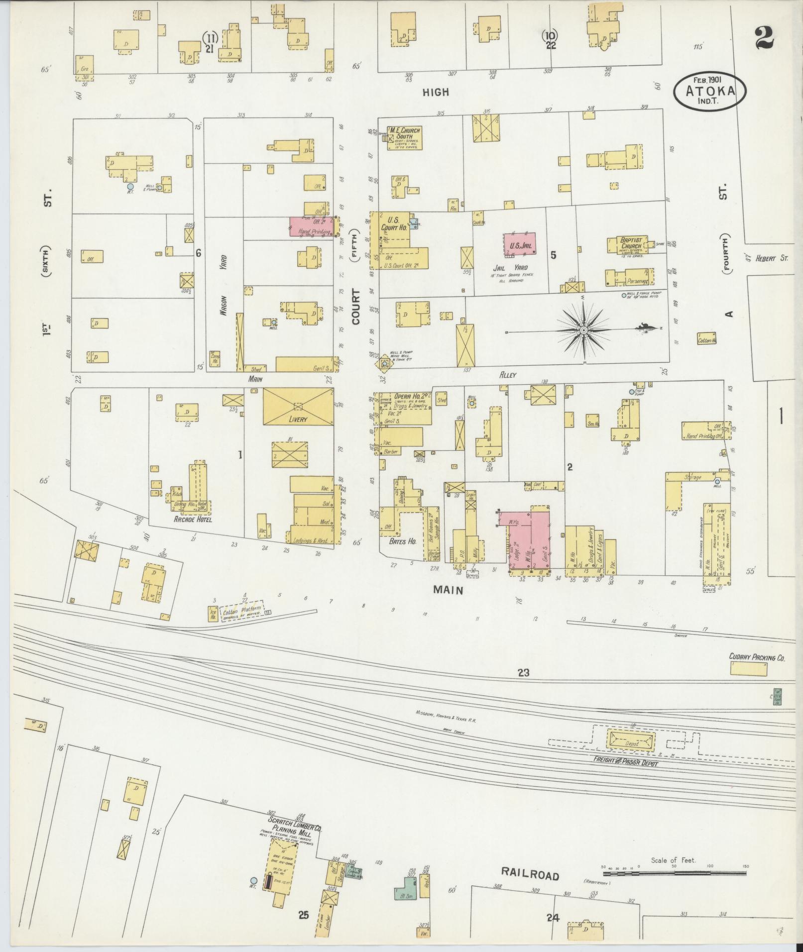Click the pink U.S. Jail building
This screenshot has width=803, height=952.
[x=520, y=245]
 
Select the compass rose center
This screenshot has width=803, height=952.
[x=583, y=330]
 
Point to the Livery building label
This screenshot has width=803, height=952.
[x=298, y=419]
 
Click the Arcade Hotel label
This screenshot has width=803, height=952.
[x=193, y=519]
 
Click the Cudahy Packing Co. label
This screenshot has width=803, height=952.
[x=757, y=657]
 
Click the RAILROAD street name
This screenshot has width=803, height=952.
[x=530, y=876]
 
